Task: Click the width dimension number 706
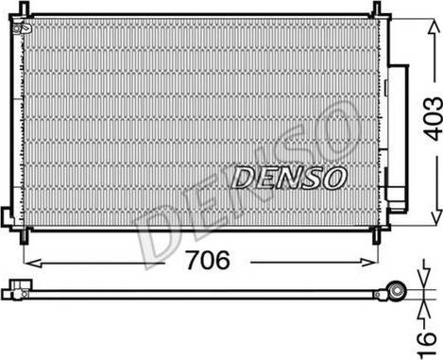[x=208, y=260]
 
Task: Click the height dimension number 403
[x=433, y=119]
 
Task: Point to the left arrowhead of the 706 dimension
[x=33, y=263]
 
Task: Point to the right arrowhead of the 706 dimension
[x=368, y=262]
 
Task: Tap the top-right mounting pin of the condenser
[x=377, y=9]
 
